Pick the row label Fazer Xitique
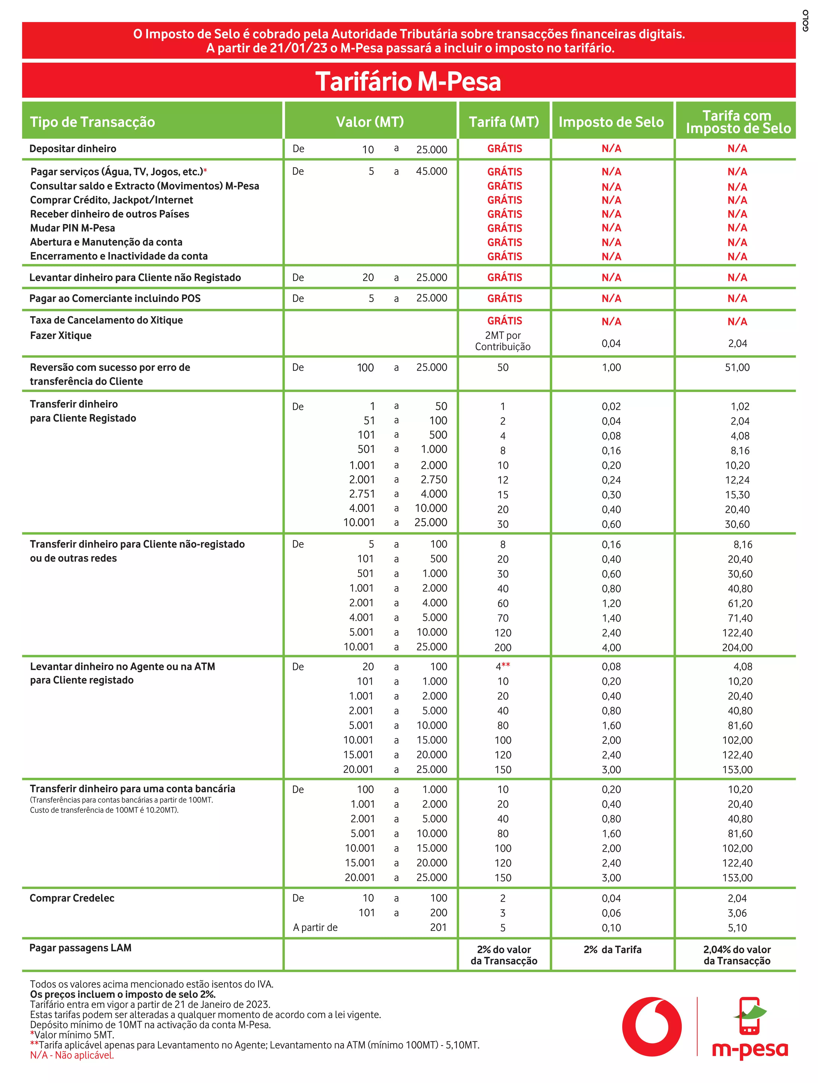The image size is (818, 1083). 61,335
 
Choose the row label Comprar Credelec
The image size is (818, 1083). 72,898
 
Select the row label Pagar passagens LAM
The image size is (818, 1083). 80,947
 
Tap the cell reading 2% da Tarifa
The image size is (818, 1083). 612,949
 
